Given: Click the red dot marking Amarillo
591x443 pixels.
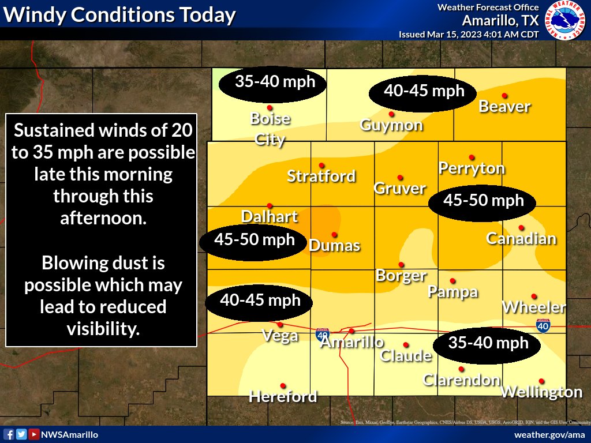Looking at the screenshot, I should pos(351,331).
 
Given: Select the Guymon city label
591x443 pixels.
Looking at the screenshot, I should pos(391,125).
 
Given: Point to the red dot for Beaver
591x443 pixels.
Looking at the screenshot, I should pos(504,96).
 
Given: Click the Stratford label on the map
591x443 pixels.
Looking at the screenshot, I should pos(321,176).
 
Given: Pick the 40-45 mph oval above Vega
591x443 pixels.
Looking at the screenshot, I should pos(260,301).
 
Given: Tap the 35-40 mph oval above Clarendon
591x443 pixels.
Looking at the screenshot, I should pos(488,344).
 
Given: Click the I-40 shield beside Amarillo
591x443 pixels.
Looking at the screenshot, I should pos(323,334).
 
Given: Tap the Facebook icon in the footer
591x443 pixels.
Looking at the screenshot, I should pos(9,434).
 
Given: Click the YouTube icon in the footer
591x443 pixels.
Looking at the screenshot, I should pos(34,434).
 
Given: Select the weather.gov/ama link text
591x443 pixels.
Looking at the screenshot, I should pos(549,434).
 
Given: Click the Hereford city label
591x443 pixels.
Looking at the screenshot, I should pos(283,397).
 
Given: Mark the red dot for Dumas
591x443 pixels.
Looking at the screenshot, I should pos(334,234).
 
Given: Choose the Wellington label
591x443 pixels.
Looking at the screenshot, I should pos(541,393).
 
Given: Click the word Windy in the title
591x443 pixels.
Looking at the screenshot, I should pos(38,15).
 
